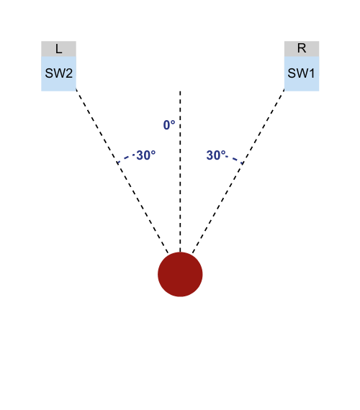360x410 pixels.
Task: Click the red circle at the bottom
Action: (x=180, y=274)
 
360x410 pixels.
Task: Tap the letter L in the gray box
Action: (x=58, y=49)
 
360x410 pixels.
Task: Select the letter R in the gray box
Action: (x=302, y=48)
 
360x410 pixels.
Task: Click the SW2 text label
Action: (x=58, y=73)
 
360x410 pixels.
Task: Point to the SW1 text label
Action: (x=301, y=73)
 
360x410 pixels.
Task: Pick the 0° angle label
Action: (x=169, y=125)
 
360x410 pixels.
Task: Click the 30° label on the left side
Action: (x=146, y=155)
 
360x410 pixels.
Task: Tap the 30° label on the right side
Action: (x=216, y=155)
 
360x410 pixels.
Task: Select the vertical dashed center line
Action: (x=180, y=171)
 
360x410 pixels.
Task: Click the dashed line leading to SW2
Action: (x=122, y=171)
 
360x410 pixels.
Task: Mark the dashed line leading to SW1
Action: (x=238, y=171)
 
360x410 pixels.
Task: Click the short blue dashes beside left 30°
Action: (x=126, y=158)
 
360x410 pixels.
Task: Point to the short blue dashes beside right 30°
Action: (x=235, y=160)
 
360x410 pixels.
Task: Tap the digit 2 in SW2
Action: (x=69, y=73)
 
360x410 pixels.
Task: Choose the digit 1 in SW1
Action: (x=312, y=73)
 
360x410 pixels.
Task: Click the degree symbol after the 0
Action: (x=173, y=122)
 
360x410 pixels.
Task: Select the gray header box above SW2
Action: (x=58, y=49)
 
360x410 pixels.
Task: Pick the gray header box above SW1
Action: (x=302, y=49)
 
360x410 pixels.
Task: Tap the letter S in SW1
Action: (x=292, y=73)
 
